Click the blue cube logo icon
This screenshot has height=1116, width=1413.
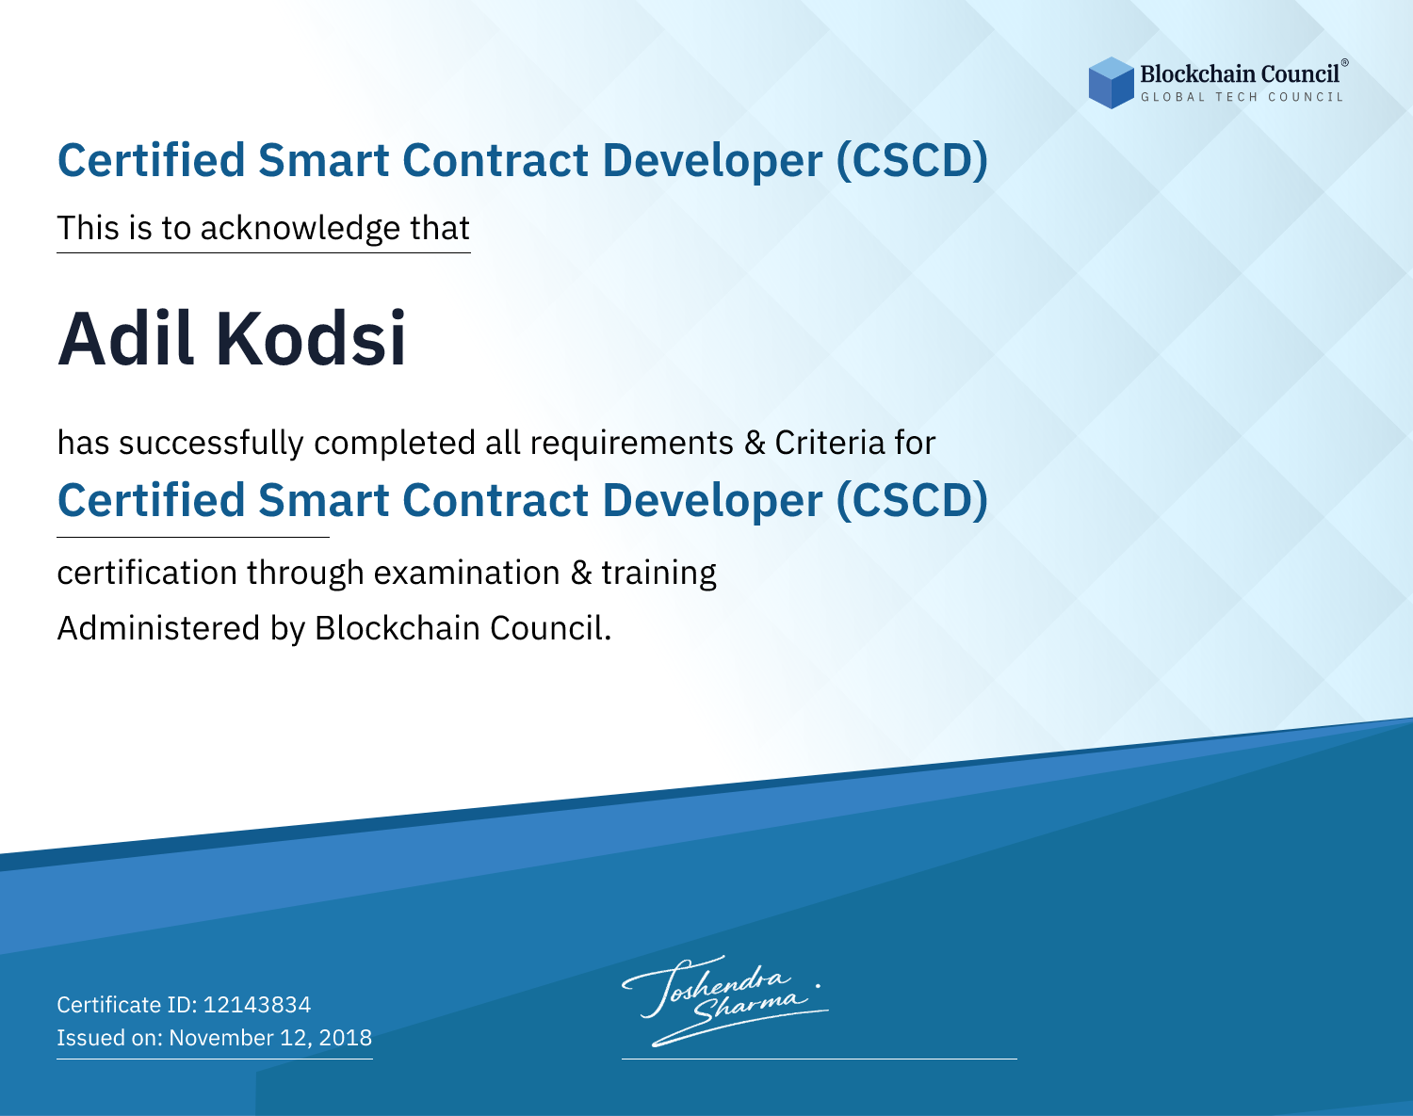pos(1111,83)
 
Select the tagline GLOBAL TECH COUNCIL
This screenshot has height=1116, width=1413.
pos(1242,97)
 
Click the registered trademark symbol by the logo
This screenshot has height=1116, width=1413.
pos(1345,62)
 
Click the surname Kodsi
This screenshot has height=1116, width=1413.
pos(311,339)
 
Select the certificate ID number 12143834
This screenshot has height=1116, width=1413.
pos(257,1004)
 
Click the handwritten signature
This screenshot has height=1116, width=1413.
pos(725,1000)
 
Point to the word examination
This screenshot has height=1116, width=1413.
pos(467,573)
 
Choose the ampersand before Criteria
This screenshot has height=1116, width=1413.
pos(755,444)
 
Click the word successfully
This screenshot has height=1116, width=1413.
pos(211,444)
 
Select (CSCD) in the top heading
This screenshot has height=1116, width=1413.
pos(911,161)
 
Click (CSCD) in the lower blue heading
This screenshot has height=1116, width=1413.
pos(911,501)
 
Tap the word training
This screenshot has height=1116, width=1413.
pos(658,574)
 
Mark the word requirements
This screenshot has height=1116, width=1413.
pos(632,444)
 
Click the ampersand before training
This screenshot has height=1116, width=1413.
pos(581,574)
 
